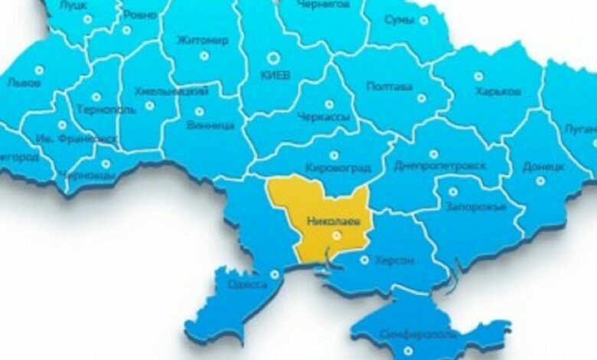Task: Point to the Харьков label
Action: coord(498,91)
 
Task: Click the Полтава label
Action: coord(390,86)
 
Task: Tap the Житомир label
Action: coord(202,40)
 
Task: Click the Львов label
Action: coord(23,83)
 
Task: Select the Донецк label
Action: coord(543,165)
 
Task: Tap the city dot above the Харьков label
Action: coord(478,76)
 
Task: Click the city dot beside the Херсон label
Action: coord(364,260)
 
